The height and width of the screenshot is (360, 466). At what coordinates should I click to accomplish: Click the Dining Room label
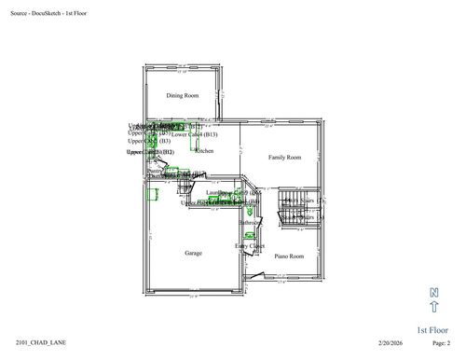[x=183, y=95]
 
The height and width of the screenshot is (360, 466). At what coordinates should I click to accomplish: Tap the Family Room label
[x=284, y=158]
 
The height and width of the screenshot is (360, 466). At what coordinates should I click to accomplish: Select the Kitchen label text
[x=204, y=150]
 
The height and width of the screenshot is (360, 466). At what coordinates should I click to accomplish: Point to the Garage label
[x=193, y=253]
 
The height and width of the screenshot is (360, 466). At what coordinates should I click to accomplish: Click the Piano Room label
[x=289, y=256]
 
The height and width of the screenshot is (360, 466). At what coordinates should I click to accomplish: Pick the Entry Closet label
[x=249, y=246]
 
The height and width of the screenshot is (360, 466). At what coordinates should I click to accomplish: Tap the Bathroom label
[x=251, y=223]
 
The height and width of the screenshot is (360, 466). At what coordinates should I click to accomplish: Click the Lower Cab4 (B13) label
[x=194, y=134]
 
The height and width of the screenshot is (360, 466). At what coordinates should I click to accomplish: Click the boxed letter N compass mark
[x=434, y=292]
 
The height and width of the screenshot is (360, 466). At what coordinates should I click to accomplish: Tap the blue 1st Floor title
[x=434, y=329]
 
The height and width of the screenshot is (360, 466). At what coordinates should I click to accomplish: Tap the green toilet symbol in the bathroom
[x=250, y=210]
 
